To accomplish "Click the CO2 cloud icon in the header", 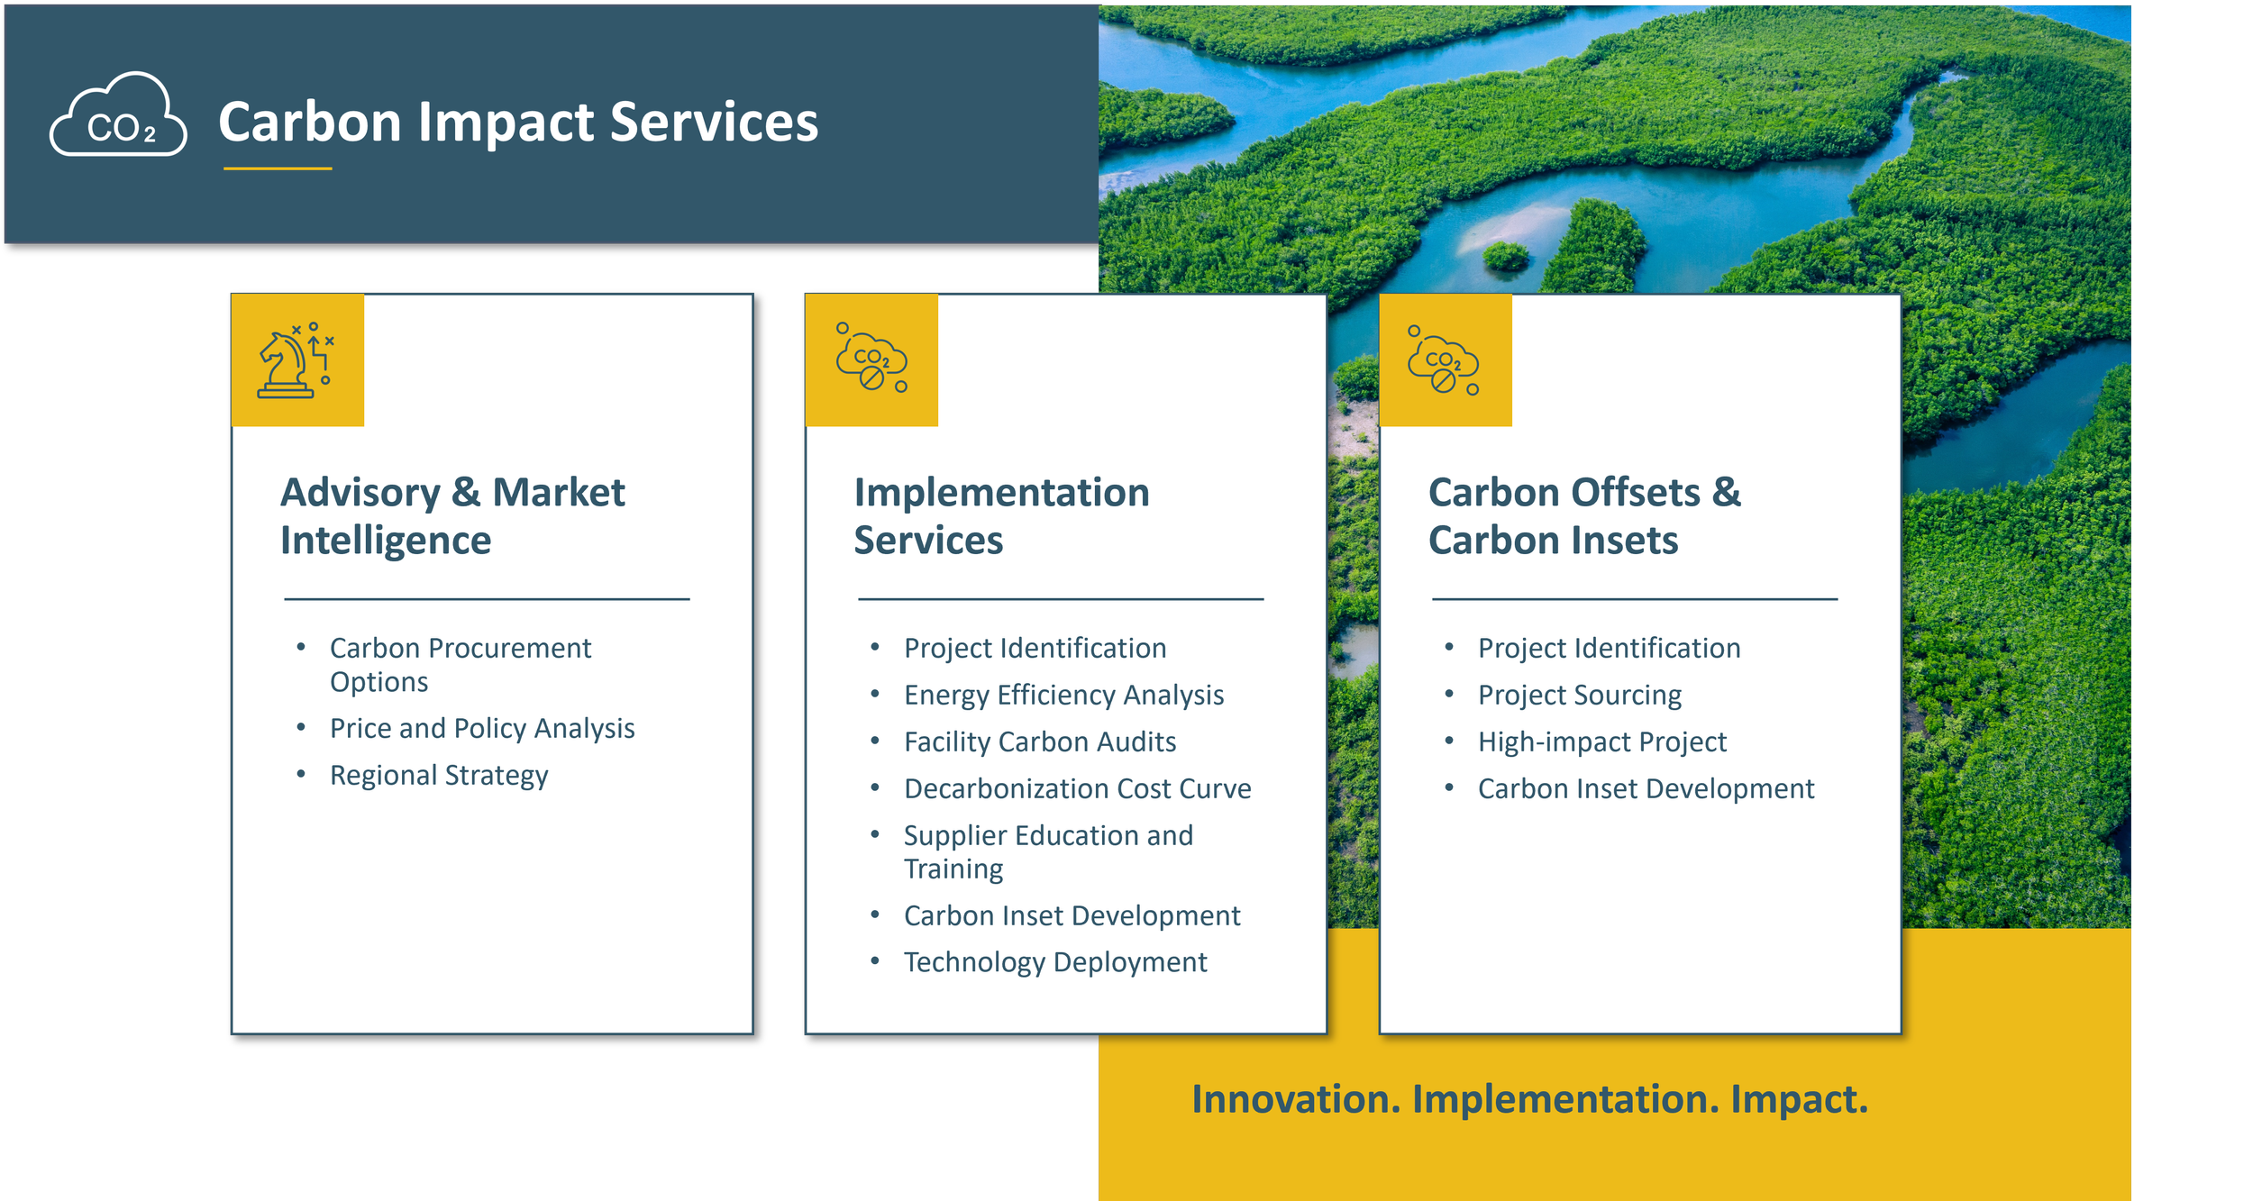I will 118,116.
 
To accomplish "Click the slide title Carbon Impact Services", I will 518,122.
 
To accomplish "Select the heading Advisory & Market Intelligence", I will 452,515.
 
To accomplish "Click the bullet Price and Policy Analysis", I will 482,728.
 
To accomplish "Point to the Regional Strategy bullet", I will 439,775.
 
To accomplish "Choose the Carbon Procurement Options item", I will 460,664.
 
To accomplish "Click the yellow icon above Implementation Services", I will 871,360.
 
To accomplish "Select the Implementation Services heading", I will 1001,515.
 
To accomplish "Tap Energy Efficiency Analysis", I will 1063,695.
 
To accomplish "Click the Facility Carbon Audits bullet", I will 1040,742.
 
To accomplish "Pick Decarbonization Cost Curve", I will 1077,788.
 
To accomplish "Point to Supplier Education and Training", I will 1048,851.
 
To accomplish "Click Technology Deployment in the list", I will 1055,962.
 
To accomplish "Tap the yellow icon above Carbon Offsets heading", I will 1445,360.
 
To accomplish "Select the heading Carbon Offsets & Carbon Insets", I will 1584,515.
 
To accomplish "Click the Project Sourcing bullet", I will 1580,695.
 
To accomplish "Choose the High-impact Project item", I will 1602,742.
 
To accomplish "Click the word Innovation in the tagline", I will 1296,1099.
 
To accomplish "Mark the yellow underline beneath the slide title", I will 278,168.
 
